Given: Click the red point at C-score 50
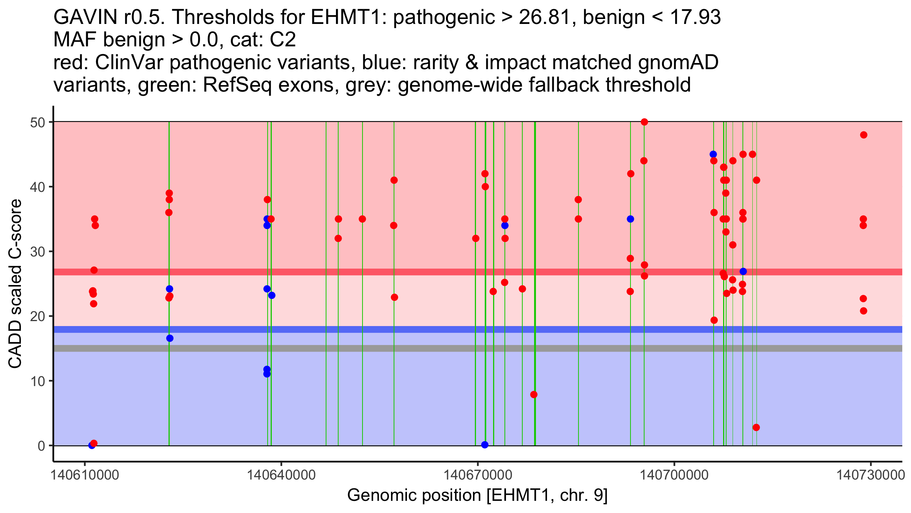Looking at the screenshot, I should pos(644,122).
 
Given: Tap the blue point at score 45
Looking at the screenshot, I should pos(713,154).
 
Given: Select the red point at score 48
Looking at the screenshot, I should pos(864,135).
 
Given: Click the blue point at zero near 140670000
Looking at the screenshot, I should pos(485,445).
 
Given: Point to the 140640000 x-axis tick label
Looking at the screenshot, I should pos(281,475).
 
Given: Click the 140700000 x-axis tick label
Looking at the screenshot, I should pos(675,475).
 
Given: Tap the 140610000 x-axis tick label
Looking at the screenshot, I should pos(84,475).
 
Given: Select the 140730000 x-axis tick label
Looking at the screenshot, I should pos(871,475).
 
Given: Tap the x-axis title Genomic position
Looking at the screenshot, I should pos(477,496).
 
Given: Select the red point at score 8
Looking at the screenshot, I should pos(534,394).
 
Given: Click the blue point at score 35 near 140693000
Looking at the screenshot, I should pos(630,219).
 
